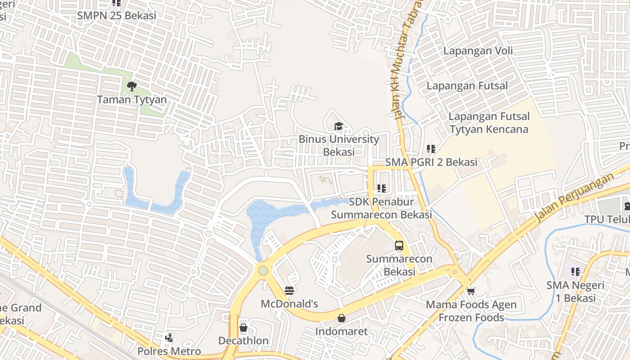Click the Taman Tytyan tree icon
pyautogui.click(x=131, y=86)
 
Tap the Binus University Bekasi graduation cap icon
pyautogui.click(x=338, y=126)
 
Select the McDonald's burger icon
pyautogui.click(x=289, y=291)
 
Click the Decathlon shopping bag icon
pyautogui.click(x=243, y=328)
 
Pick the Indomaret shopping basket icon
pyautogui.click(x=342, y=319)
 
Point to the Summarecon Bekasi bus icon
pyautogui.click(x=399, y=246)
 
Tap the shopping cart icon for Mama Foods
pyautogui.click(x=471, y=292)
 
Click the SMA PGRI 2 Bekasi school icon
pyautogui.click(x=431, y=148)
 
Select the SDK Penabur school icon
pyautogui.click(x=382, y=189)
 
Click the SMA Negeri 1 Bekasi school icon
pyautogui.click(x=576, y=272)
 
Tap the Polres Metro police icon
pyautogui.click(x=169, y=337)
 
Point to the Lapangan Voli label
pyautogui.click(x=478, y=50)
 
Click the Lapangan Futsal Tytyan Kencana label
pyautogui.click(x=489, y=123)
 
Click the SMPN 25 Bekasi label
pyautogui.click(x=117, y=15)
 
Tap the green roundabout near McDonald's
pyautogui.click(x=263, y=270)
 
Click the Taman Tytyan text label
pyautogui.click(x=132, y=99)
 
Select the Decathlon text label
pyautogui.click(x=243, y=341)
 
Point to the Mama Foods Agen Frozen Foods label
pyautogui.click(x=471, y=311)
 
